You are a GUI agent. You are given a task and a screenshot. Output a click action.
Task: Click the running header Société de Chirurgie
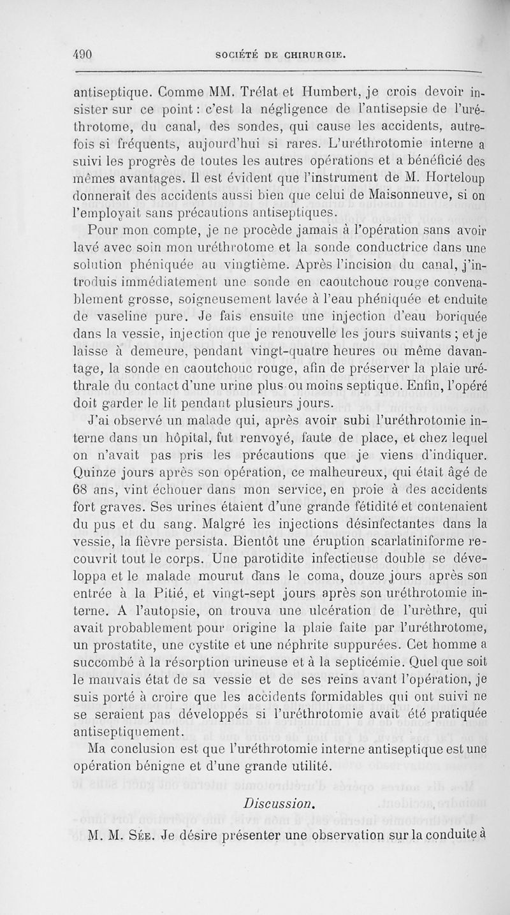coord(282,55)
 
